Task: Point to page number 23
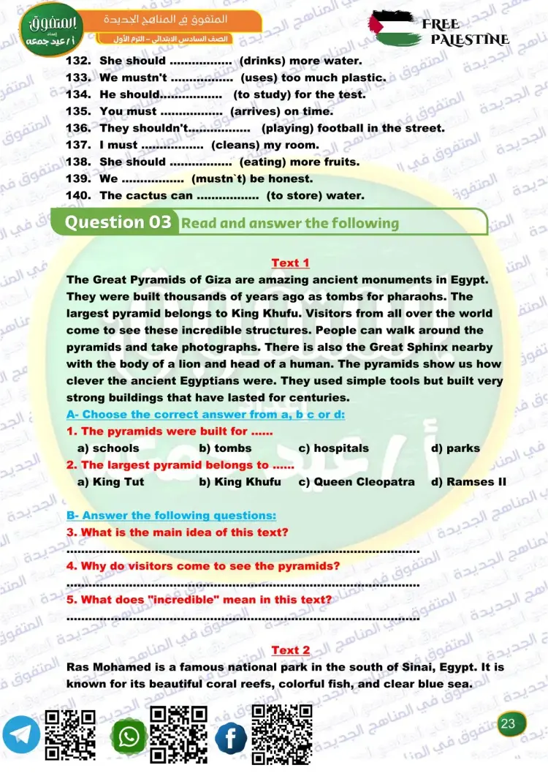click(x=509, y=724)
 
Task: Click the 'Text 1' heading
click(x=290, y=263)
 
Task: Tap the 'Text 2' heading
click(x=290, y=650)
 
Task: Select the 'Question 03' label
click(x=118, y=222)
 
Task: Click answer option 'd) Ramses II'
click(x=468, y=482)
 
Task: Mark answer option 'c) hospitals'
click(x=333, y=448)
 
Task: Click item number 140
click(x=78, y=195)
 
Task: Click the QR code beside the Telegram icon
click(x=70, y=735)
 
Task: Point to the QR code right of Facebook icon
click(x=282, y=734)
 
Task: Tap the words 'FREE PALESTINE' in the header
click(x=465, y=31)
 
